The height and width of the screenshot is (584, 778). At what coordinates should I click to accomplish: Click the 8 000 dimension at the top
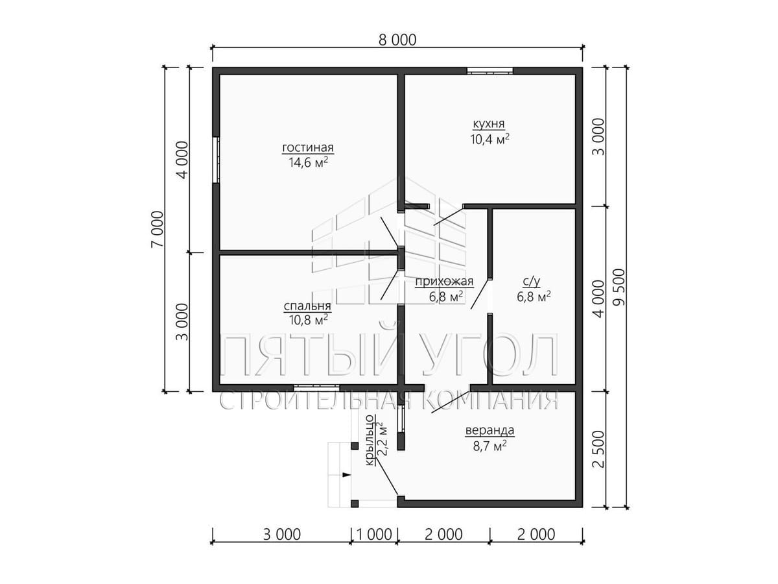tap(397, 40)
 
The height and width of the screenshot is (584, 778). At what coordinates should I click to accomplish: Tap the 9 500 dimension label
tap(620, 287)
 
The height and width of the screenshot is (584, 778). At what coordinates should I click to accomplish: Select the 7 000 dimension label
tap(158, 229)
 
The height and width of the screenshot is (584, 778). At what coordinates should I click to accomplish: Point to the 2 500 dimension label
tap(598, 449)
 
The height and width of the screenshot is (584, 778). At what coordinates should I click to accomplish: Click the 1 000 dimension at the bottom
tap(374, 534)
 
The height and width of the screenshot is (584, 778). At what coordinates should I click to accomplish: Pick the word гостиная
tap(308, 147)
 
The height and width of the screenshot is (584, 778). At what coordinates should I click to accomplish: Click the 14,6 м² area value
tap(308, 162)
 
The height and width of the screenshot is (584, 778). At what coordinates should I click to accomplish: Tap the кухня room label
tap(489, 124)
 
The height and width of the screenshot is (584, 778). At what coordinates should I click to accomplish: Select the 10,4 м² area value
tap(490, 139)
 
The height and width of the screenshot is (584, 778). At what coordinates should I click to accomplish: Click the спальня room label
tap(307, 306)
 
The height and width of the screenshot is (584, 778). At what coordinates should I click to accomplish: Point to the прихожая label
tap(444, 282)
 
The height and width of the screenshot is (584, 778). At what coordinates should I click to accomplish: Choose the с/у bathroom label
tap(532, 282)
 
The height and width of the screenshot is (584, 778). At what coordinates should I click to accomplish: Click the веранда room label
tap(489, 430)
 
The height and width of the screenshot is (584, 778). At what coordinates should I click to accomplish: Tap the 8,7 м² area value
tap(489, 445)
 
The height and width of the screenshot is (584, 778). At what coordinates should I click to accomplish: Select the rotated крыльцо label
tap(370, 441)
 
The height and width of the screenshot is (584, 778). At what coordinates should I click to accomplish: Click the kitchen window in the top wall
tap(489, 71)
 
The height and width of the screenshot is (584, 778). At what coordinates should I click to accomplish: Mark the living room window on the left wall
tap(216, 160)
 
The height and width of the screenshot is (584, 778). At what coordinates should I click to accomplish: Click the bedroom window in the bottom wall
tap(316, 387)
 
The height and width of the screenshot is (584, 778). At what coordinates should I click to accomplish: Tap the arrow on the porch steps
tap(346, 474)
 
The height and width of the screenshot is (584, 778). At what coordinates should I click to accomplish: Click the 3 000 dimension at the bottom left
tap(282, 534)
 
